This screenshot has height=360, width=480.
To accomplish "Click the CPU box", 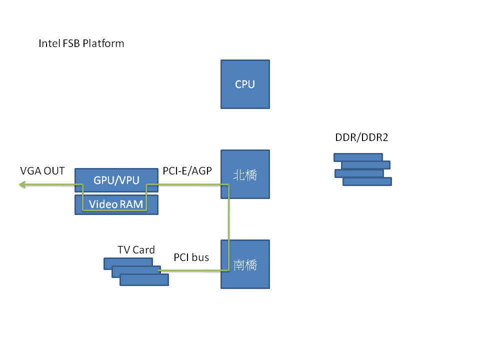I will click(245, 84).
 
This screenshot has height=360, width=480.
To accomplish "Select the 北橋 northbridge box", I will click(245, 174).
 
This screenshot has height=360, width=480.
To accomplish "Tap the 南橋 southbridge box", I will click(245, 264).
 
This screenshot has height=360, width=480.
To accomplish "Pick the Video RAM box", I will click(116, 204).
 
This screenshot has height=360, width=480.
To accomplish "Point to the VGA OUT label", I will click(42, 171).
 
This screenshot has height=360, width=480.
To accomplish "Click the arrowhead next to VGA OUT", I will click(22, 185).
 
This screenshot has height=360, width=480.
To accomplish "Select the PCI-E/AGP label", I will click(187, 171).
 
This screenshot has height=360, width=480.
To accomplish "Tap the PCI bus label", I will click(191, 257).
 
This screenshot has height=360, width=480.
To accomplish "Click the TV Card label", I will click(136, 249).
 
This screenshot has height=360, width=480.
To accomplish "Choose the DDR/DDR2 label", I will click(361, 137).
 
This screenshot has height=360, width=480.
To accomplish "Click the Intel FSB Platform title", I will click(81, 43).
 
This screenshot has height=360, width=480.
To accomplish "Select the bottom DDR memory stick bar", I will click(367, 181).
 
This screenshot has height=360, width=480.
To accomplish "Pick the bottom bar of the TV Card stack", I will click(144, 280).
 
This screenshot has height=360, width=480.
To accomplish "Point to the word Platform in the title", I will click(103, 43).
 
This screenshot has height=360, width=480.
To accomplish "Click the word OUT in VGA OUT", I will click(53, 171).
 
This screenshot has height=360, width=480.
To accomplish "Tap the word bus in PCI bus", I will click(200, 257).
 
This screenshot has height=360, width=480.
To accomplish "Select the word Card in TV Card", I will click(143, 249).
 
